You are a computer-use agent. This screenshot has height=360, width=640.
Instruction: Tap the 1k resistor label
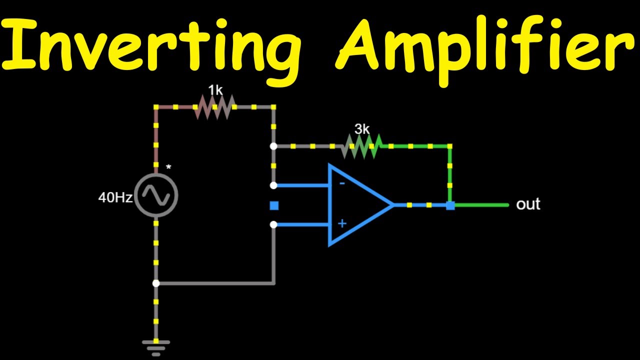215,90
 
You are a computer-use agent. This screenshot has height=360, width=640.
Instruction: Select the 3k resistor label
362,129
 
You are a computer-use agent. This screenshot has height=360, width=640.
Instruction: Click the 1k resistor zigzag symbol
215,107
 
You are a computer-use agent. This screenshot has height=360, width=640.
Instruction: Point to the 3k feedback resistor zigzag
362,146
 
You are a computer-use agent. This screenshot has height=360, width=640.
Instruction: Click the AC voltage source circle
156,195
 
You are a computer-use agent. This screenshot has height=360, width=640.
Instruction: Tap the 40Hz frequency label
115,197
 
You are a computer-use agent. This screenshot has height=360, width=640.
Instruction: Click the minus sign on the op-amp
342,183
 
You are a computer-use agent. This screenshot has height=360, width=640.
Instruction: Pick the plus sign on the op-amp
342,223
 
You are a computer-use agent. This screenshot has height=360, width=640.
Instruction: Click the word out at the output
528,204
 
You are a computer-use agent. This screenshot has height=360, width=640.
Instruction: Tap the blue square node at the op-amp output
450,205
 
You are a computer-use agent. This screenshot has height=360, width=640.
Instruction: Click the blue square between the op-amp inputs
273,205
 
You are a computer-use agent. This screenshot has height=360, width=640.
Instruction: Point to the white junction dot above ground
156,283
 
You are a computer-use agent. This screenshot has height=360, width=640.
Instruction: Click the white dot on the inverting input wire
273,185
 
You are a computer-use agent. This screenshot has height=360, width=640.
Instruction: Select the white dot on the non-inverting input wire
273,225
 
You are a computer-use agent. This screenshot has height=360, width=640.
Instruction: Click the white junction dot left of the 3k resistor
273,146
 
